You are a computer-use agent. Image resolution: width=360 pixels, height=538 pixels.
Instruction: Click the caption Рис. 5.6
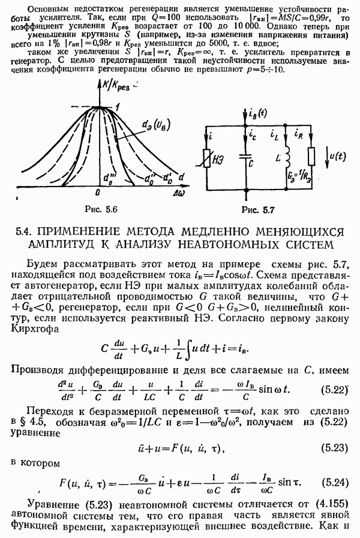click(101, 209)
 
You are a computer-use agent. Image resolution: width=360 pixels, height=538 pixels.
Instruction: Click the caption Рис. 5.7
click(258, 210)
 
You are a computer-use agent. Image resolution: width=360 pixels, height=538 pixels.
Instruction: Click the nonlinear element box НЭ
click(206, 158)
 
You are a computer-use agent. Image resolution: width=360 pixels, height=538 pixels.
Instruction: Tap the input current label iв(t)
click(257, 114)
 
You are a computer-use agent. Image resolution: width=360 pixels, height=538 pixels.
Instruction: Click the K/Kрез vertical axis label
click(115, 85)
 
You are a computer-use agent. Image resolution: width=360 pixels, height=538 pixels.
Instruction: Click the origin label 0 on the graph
click(98, 193)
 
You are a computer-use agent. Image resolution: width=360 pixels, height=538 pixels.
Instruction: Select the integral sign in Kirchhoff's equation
click(188, 350)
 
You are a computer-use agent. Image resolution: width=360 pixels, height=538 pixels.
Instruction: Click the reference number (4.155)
click(329, 504)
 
